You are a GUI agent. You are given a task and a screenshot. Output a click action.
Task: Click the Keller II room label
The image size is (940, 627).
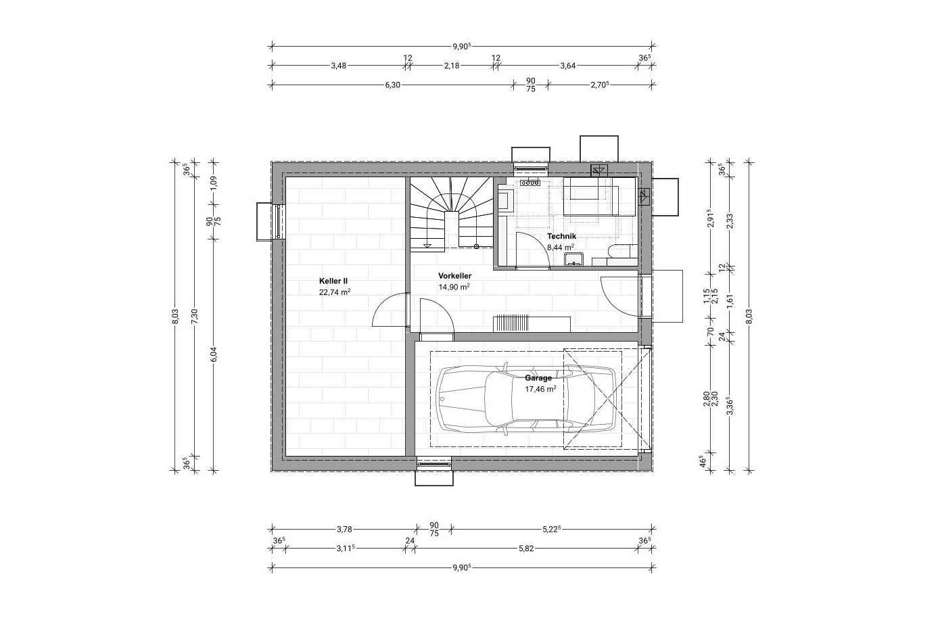pos(333,281)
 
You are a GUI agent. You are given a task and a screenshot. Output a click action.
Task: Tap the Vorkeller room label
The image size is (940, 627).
pos(455,276)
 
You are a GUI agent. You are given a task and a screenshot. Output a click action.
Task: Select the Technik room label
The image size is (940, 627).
pos(561,236)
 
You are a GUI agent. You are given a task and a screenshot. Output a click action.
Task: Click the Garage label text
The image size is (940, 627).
pos(538,377)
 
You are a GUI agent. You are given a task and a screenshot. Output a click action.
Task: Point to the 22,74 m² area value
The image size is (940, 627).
pos(335,292)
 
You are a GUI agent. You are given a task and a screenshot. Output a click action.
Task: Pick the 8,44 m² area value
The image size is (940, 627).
pos(561,247)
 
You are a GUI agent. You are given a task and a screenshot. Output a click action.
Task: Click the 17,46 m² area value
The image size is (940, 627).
pos(540,389)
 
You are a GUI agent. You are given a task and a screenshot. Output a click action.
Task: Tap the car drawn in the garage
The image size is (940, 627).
pos(526,398)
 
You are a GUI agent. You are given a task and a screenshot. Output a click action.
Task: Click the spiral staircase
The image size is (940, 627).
pos(451,214)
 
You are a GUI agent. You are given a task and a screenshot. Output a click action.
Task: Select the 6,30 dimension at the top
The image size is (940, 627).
pos(393,85)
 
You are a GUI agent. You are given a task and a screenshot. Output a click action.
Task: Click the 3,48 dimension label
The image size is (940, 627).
pos(339,66)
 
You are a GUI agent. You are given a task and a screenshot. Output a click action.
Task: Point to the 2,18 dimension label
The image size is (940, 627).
pos(452,66)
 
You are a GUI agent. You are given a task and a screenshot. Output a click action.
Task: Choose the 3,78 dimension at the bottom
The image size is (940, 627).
pos(344,530)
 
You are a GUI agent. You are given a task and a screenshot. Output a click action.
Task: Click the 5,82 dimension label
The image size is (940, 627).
pos(526,549)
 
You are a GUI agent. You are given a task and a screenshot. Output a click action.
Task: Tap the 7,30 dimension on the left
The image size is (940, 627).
pos(194,317)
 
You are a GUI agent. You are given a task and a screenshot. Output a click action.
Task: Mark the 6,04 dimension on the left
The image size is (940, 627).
pos(214,354)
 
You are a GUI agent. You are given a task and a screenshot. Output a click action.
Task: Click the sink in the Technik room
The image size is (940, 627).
pos(573,259)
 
